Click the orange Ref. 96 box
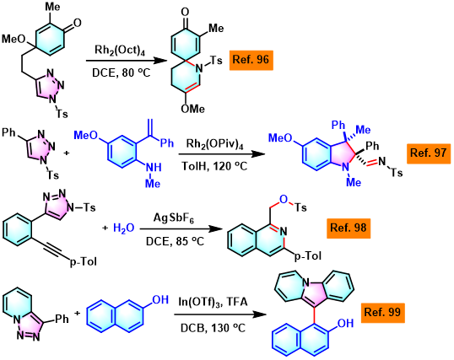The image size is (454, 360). (x=251, y=60)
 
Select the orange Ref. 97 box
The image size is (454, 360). (x=429, y=153)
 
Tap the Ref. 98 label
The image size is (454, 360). (x=349, y=228)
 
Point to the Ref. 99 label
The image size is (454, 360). (x=382, y=313)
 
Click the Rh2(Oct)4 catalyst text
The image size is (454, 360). (x=120, y=51)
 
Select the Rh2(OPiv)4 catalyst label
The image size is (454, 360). (x=214, y=144)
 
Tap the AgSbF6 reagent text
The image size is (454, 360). (x=174, y=218)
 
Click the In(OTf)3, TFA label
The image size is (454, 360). (x=213, y=302)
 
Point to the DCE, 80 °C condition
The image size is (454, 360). (x=122, y=73)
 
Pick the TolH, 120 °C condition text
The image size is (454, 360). (x=214, y=166)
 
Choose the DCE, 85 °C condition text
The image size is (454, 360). (x=175, y=241)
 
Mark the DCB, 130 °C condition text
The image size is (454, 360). (x=213, y=328)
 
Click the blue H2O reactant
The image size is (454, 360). (x=124, y=228)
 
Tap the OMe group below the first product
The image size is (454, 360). (x=193, y=109)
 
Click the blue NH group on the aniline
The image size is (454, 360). (x=154, y=167)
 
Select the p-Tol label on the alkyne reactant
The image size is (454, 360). (x=84, y=262)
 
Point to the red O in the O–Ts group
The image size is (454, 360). (x=284, y=199)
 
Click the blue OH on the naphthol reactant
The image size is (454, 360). (x=160, y=300)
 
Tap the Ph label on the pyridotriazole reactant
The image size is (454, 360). (x=62, y=319)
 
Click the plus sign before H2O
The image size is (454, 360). (x=105, y=228)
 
